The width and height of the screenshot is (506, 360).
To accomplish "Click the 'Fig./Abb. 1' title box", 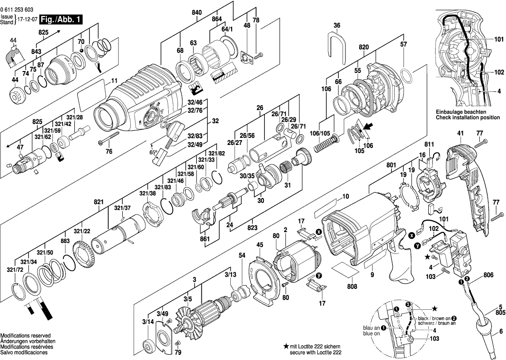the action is [60, 20].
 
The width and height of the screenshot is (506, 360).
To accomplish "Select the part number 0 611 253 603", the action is [17, 10].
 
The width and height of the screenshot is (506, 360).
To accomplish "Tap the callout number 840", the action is [197, 13].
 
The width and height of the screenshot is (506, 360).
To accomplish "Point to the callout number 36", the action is [337, 25].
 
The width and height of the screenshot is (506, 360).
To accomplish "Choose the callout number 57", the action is [404, 44].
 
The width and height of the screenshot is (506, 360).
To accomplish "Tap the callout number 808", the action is [352, 286].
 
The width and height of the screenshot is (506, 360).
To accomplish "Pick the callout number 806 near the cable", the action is [488, 275].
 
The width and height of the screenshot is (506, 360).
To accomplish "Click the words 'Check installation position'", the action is [468, 117].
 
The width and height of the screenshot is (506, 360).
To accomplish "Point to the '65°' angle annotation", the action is [154, 152].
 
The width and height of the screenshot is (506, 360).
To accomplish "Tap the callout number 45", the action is [260, 245].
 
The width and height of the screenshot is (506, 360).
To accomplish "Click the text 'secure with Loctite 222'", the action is [316, 353].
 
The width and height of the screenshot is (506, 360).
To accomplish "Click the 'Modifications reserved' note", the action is [26, 336].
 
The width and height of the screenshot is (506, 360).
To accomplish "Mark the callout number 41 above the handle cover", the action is [460, 133].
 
